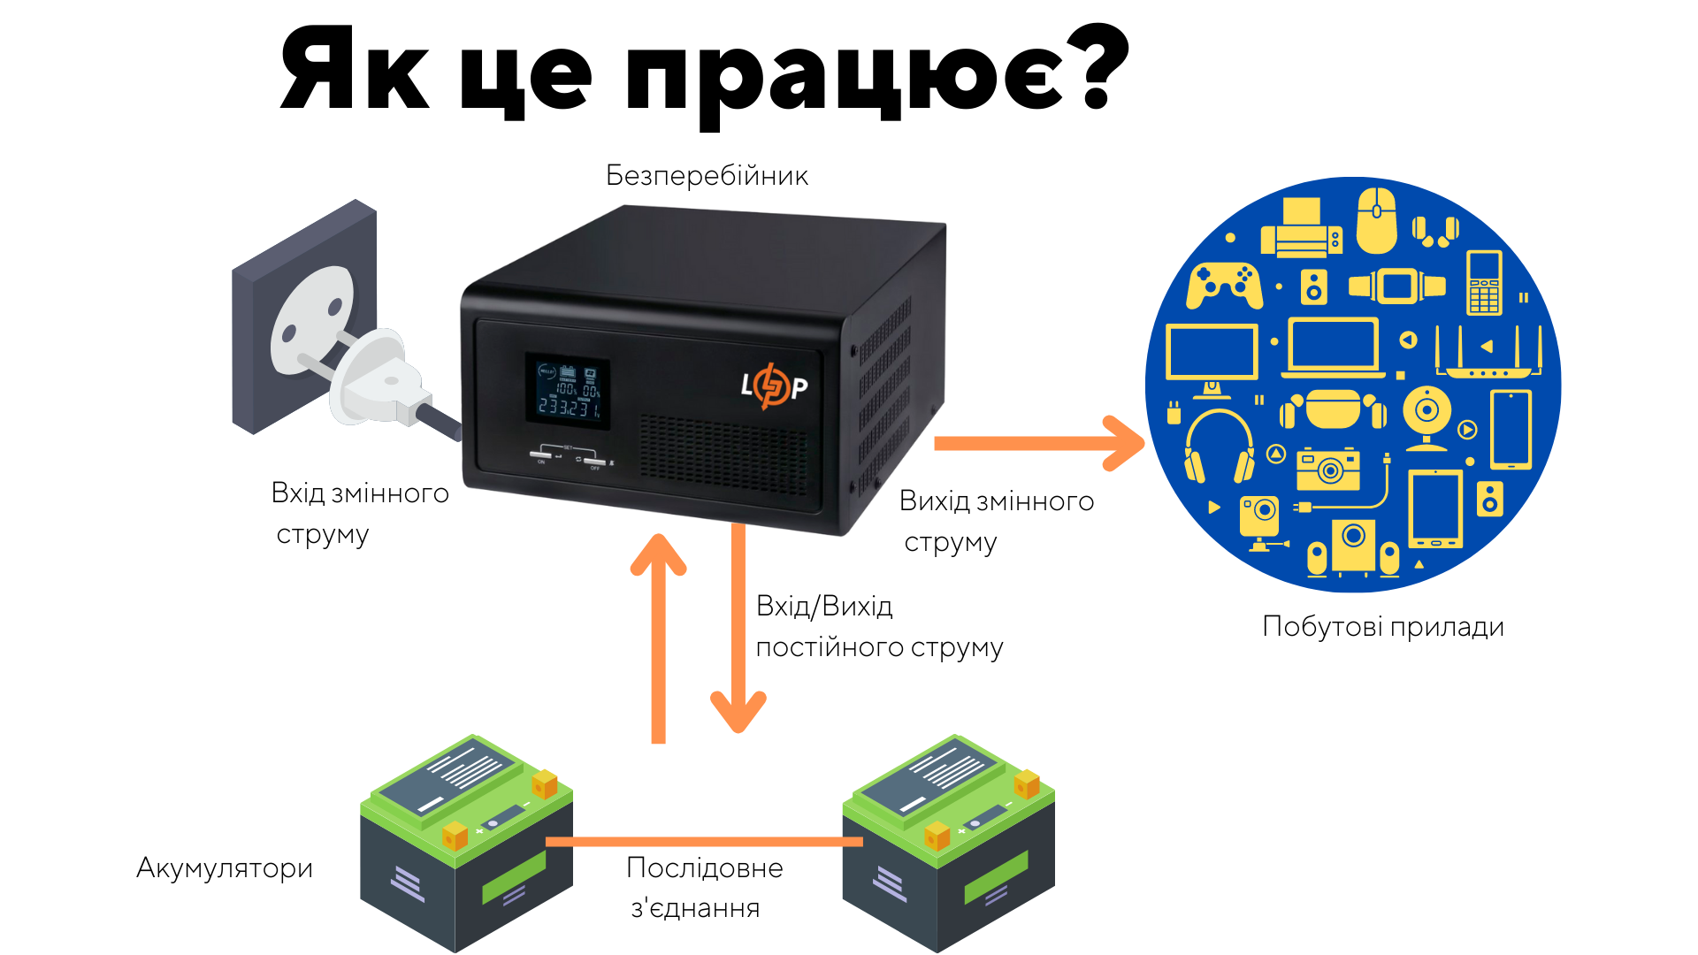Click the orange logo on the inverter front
point(774,386)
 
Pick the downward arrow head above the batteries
point(738,711)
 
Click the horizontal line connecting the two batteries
point(704,842)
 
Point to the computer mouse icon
point(1377,219)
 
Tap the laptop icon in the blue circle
point(1334,348)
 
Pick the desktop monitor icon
point(1212,355)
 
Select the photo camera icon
point(1327,469)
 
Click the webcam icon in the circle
point(1426,416)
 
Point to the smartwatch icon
point(1397,286)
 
